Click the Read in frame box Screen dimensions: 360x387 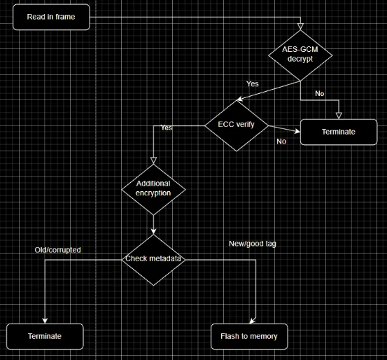pyautogui.click(x=52, y=17)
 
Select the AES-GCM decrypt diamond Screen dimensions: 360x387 pyautogui.click(x=301, y=54)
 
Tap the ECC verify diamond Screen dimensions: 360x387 pyautogui.click(x=236, y=125)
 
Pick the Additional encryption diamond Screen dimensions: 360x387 pyautogui.click(x=153, y=188)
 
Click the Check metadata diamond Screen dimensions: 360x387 pyautogui.click(x=153, y=259)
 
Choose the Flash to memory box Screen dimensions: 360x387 pyautogui.click(x=249, y=336)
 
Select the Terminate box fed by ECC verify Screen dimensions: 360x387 pyautogui.click(x=339, y=132)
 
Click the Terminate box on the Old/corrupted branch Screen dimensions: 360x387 pyautogui.click(x=45, y=336)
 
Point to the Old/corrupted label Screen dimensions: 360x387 pyautogui.click(x=57, y=249)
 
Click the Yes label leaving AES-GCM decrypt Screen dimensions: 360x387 pyautogui.click(x=253, y=84)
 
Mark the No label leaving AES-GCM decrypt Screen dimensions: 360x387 pyautogui.click(x=320, y=94)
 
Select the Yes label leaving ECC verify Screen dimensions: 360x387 pyautogui.click(x=167, y=127)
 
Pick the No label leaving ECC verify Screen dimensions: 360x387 pyautogui.click(x=281, y=141)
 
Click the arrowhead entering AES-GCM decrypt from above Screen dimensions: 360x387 pyautogui.click(x=301, y=27)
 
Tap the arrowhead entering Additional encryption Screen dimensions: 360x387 pyautogui.click(x=153, y=160)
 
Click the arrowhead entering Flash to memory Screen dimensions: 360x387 pyautogui.click(x=256, y=320)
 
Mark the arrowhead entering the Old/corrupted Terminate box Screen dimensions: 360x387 pyautogui.click(x=45, y=320)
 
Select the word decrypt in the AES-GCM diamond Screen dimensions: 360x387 pyautogui.click(x=301, y=60)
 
